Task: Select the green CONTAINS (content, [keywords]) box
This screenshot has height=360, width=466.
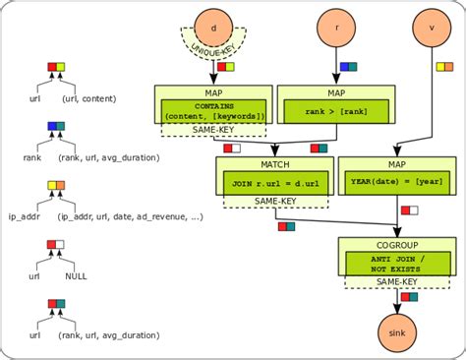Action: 213,111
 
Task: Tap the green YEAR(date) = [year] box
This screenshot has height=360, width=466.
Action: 396,181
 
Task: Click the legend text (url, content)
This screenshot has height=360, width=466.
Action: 88,99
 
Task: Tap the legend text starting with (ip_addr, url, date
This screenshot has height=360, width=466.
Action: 131,216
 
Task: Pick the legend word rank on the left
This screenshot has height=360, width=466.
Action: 33,157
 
